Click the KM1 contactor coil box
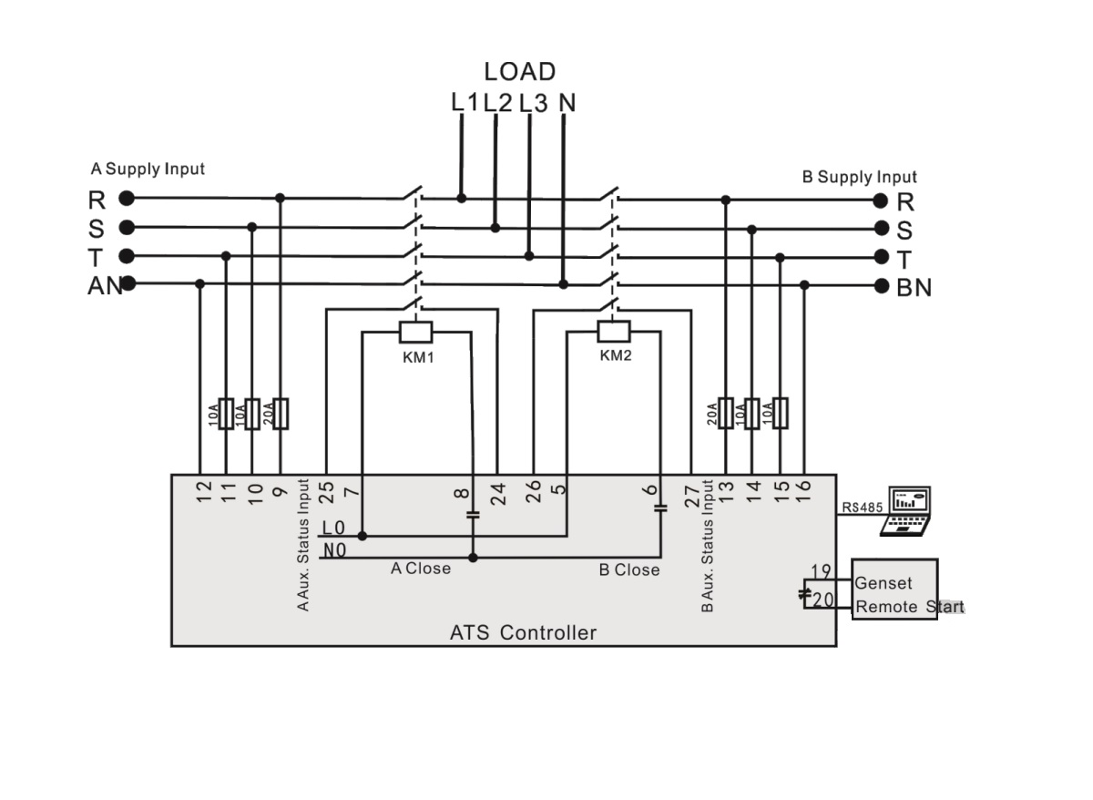click(x=416, y=332)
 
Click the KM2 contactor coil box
click(x=613, y=330)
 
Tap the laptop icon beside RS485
click(x=907, y=510)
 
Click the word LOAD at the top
click(x=519, y=71)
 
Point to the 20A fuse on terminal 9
click(x=281, y=413)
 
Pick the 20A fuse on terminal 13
click(x=726, y=413)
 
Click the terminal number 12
click(x=204, y=491)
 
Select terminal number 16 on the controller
click(x=803, y=491)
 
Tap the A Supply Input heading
click(x=148, y=169)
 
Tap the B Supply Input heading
click(x=859, y=177)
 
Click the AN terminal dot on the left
click(x=128, y=283)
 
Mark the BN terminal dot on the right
click(x=881, y=286)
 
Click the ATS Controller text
click(x=523, y=632)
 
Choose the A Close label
click(x=420, y=569)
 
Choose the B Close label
click(x=628, y=570)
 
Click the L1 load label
click(x=464, y=103)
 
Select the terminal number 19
click(x=821, y=572)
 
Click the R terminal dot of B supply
click(x=881, y=200)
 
